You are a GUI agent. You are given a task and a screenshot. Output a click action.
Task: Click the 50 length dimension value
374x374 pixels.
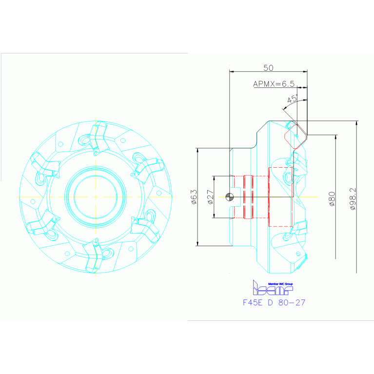click(x=268, y=67)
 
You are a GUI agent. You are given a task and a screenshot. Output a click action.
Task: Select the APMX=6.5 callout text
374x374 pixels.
click(x=274, y=84)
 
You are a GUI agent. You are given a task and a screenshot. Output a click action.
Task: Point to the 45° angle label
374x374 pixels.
click(x=292, y=99)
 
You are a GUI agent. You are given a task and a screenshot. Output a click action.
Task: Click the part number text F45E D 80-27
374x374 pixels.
click(x=274, y=302)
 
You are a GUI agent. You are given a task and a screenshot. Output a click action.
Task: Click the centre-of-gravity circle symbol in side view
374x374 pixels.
click(x=230, y=197)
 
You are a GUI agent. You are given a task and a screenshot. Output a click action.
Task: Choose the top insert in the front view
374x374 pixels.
click(x=98, y=136)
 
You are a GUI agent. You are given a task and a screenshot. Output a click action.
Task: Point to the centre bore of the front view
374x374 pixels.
click(x=96, y=197)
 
